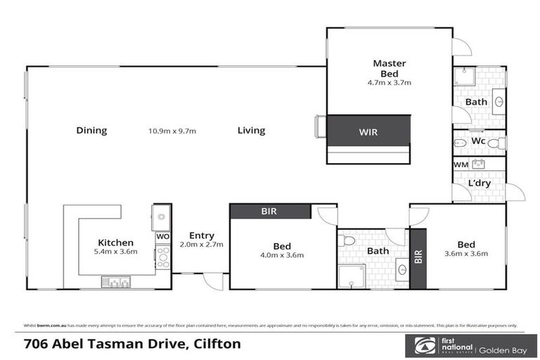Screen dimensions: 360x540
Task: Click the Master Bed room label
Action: click(389, 68)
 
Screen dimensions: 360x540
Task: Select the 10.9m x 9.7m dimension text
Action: click(172, 131)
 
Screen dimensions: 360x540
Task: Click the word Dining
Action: click(91, 130)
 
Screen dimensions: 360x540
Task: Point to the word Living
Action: click(251, 130)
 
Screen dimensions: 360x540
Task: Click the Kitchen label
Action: click(116, 243)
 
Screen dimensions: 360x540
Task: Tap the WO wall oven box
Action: click(162, 237)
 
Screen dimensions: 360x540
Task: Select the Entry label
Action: click(202, 236)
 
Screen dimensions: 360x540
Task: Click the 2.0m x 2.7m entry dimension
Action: click(202, 245)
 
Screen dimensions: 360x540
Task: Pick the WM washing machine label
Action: click(461, 165)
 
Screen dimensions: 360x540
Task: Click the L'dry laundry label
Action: click(480, 184)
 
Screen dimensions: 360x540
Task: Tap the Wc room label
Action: click(478, 141)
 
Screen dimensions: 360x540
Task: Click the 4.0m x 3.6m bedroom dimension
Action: click(282, 255)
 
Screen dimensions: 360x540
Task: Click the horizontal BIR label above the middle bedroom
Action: click(270, 210)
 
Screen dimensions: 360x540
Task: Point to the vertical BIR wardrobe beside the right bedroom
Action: click(418, 258)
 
